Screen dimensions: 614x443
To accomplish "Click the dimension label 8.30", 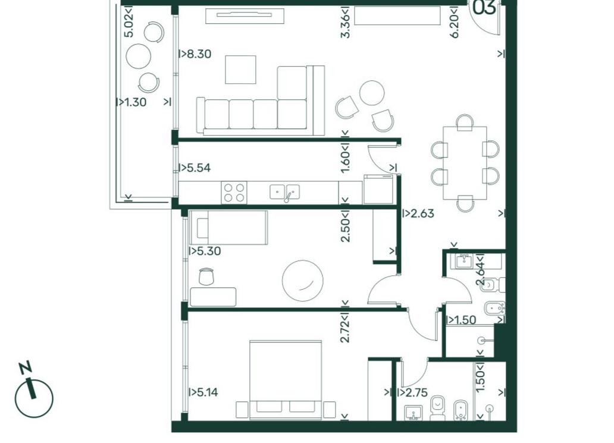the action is tap(199, 54).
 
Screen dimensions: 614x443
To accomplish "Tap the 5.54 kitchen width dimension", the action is tap(199, 168).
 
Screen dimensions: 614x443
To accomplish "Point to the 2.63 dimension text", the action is tap(422, 213).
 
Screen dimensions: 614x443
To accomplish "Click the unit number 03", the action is tap(484, 8).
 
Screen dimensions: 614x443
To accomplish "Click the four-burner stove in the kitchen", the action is tap(234, 193).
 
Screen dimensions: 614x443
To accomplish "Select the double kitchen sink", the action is tap(284, 191).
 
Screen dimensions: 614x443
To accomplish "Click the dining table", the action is tap(465, 163).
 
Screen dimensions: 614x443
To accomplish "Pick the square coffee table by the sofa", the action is tap(240, 70).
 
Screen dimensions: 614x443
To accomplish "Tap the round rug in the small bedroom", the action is tap(303, 281).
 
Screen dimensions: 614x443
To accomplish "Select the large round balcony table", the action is tap(139, 56).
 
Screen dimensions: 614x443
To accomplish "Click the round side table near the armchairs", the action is tap(372, 93).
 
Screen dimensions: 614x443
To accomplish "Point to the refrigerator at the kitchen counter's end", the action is tap(378, 189).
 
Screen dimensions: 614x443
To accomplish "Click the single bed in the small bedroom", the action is tap(228, 227).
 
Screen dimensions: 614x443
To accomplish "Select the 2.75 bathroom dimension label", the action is tap(416, 392).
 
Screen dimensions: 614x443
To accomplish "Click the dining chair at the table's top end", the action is tap(465, 123).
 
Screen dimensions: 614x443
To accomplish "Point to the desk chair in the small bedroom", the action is tap(206, 277).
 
